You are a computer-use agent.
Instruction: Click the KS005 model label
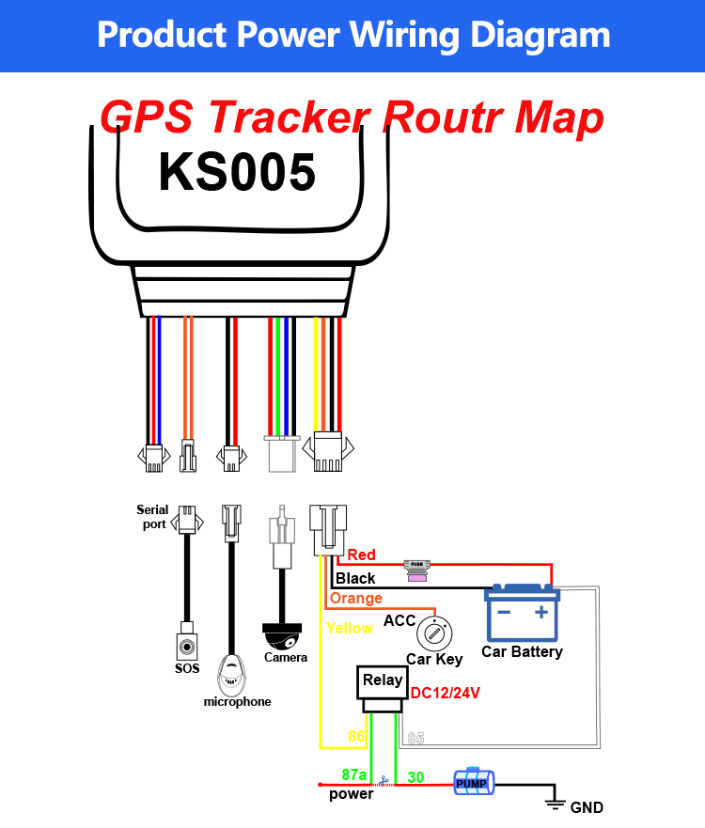tap(237, 172)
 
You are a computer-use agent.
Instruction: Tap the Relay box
tap(383, 689)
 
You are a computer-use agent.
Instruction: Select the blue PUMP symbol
tap(474, 782)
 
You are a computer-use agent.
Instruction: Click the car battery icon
tap(522, 612)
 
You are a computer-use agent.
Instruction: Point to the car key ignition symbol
tap(434, 634)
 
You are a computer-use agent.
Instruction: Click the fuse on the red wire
tap(417, 570)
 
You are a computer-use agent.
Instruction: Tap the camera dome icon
tap(282, 636)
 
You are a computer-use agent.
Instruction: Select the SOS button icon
tap(187, 646)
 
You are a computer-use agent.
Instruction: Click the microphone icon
tap(231, 675)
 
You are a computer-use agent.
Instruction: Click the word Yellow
tap(350, 628)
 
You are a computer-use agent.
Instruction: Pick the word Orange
tap(356, 599)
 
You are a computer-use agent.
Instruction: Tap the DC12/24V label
tap(446, 693)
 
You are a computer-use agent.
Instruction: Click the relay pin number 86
tap(356, 736)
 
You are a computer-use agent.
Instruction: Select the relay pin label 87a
tap(353, 774)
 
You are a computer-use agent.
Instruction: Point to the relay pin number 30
tap(415, 777)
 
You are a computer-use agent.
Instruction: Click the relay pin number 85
tap(415, 738)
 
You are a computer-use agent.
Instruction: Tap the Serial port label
tap(152, 517)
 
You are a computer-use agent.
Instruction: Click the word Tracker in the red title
tap(290, 117)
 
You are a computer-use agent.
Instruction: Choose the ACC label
tap(399, 620)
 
